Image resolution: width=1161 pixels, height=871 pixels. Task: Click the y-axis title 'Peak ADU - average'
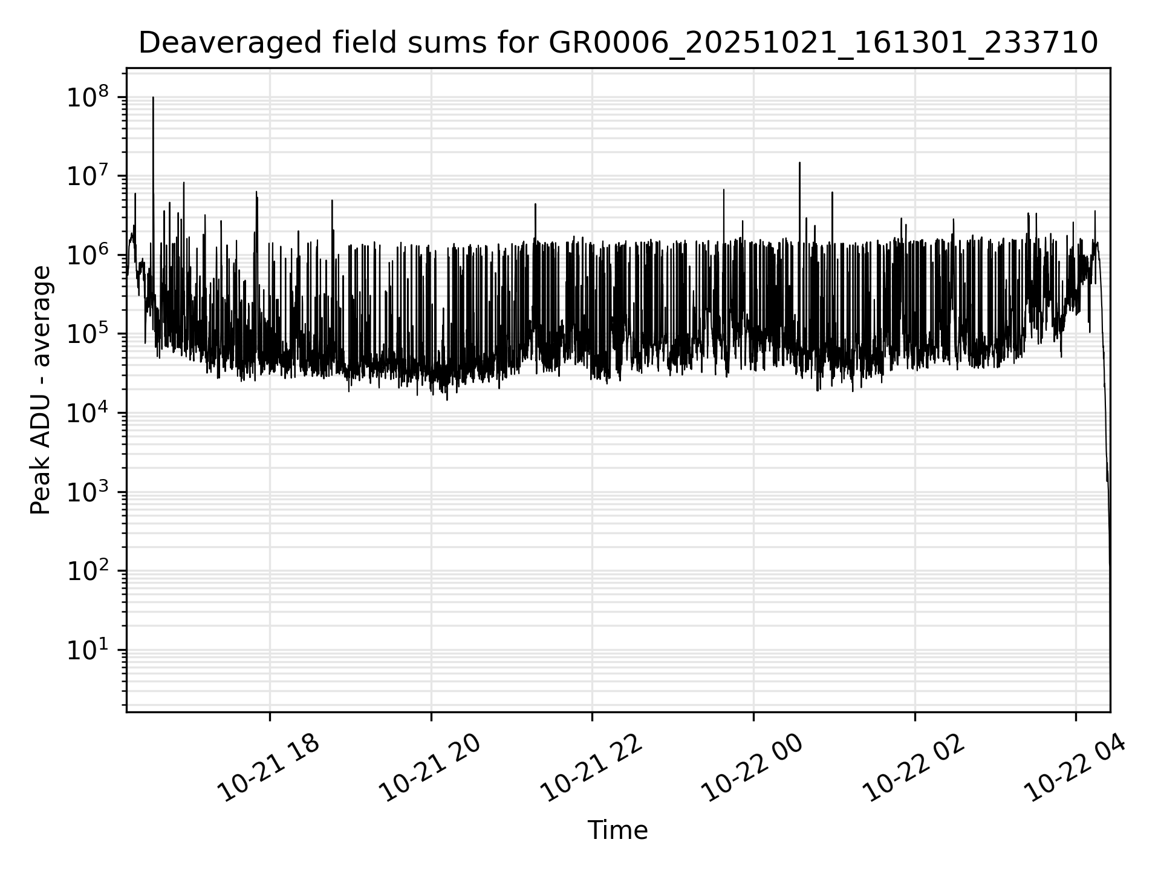click(41, 390)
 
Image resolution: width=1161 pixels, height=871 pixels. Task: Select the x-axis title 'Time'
click(617, 830)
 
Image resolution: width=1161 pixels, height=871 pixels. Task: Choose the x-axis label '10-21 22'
click(591, 769)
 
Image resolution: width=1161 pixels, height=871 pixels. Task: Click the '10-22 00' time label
click(753, 769)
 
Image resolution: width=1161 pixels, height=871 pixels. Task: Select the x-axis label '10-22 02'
click(914, 769)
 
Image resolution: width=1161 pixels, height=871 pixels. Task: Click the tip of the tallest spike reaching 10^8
click(153, 97)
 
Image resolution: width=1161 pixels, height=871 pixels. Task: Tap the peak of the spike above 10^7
click(799, 163)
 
